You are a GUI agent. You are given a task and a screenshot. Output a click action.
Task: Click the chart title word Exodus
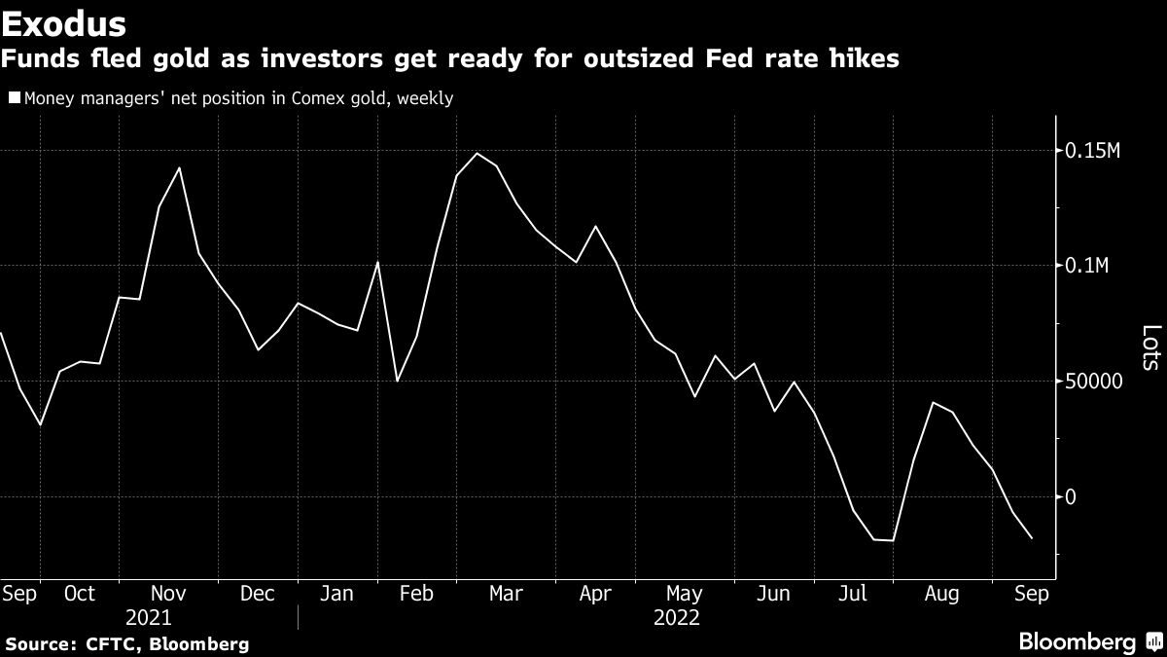63,20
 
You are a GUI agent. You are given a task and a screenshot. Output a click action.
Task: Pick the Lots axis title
1150,347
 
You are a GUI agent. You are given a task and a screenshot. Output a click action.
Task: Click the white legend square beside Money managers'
13,97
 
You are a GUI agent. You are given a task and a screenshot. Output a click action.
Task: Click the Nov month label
169,594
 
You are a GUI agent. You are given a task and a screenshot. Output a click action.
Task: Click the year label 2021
149,618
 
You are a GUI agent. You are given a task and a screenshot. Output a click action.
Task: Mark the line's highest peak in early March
477,154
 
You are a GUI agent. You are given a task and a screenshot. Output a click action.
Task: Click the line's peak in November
180,168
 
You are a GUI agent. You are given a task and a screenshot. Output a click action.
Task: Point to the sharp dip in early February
397,381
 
